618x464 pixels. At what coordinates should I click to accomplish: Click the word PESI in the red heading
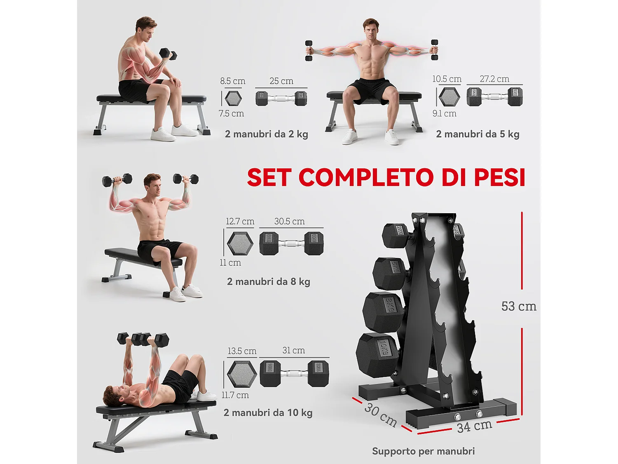pos(499,177)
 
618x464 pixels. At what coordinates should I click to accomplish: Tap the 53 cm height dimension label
pos(519,306)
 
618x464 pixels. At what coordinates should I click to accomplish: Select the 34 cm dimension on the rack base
pos(475,426)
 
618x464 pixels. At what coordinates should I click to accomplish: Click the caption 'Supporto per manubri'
pos(423,451)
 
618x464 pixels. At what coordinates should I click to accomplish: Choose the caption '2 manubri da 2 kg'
pos(267,134)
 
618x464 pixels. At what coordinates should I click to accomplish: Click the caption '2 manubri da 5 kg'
pos(478,134)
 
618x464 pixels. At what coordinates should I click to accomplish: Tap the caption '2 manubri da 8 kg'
pos(269,282)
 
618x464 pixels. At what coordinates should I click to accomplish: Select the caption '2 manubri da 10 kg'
pos(268,413)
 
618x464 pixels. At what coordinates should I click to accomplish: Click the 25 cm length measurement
pos(281,81)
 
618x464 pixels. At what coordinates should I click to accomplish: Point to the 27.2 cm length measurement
pos(494,79)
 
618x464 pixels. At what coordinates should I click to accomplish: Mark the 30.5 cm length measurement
pos(290,221)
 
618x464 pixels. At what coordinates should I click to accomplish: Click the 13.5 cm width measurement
pos(242,351)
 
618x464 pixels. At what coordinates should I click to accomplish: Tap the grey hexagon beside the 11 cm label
pos(240,243)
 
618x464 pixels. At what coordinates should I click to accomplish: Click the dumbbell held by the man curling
pos(168,54)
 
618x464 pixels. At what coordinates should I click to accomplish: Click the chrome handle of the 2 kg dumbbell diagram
pos(281,99)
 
